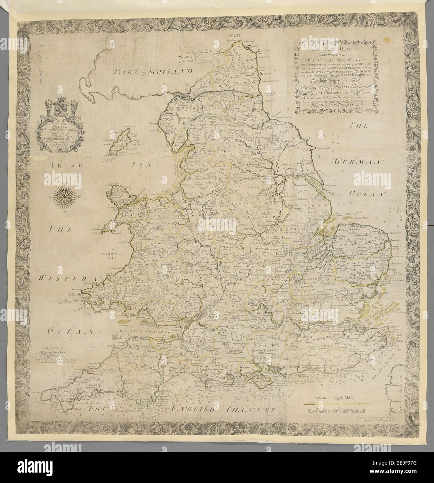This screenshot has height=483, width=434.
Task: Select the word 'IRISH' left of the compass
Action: tap(65, 166)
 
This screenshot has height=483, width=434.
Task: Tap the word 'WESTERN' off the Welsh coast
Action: tap(67, 279)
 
